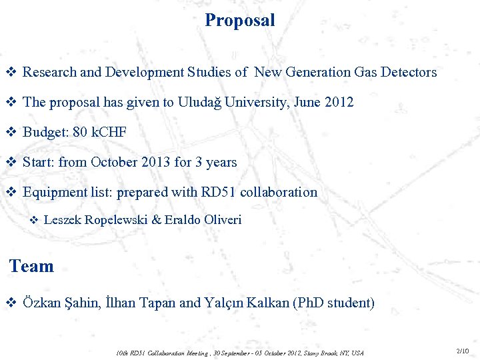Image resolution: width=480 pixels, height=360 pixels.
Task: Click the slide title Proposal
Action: (240, 20)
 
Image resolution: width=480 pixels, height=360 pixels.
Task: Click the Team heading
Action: (31, 267)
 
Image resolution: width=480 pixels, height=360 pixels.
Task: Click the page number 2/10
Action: (463, 351)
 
